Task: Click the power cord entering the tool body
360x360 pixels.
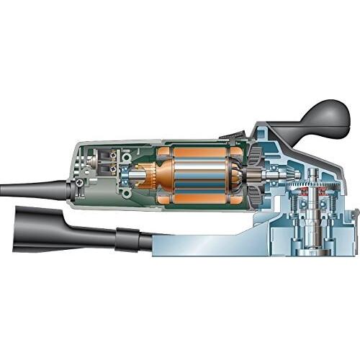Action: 29,189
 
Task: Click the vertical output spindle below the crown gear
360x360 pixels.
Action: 315,220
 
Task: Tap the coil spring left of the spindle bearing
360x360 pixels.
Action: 297,216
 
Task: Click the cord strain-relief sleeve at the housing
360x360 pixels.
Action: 68,189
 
